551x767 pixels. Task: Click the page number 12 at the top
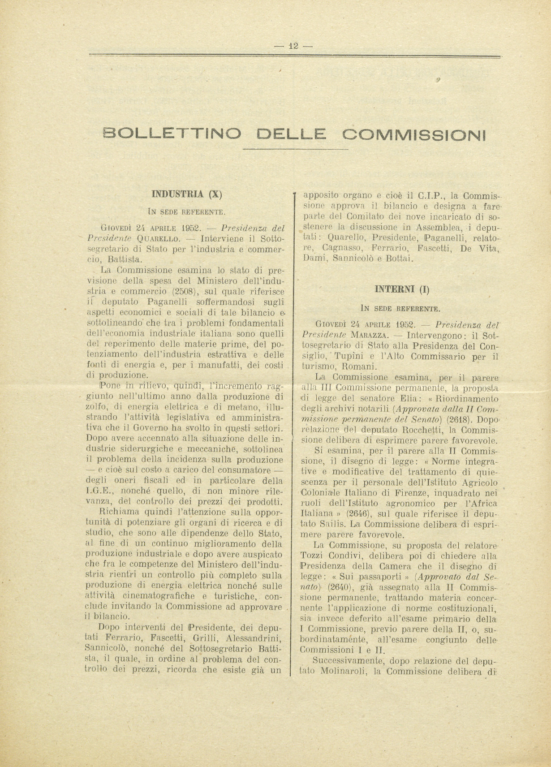pyautogui.click(x=293, y=46)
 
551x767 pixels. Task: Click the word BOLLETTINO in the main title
pyautogui.click(x=172, y=134)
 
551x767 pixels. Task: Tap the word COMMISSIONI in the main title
pyautogui.click(x=414, y=134)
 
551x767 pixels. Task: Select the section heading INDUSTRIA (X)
pyautogui.click(x=187, y=194)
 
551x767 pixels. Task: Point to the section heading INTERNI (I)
pyautogui.click(x=402, y=289)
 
